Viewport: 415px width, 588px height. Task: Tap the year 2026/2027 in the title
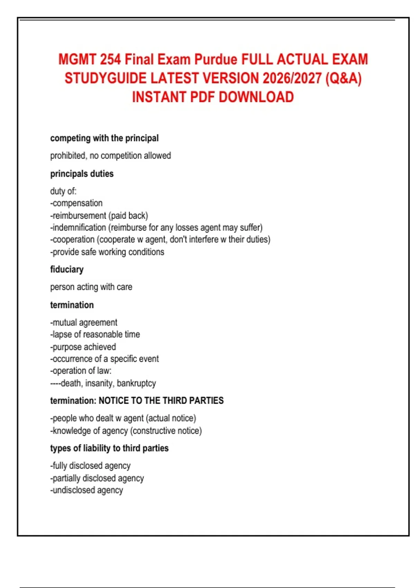[292, 79]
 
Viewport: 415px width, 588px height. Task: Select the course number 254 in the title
[111, 59]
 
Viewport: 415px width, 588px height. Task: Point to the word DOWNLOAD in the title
[256, 97]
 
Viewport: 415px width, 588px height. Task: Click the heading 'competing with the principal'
[104, 138]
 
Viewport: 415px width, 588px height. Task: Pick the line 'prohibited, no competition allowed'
[110, 156]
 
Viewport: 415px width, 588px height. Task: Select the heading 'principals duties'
[82, 174]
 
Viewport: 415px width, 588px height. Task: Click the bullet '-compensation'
[76, 203]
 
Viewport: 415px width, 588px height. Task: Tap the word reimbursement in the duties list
[79, 215]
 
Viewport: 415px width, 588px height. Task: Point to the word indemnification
[79, 228]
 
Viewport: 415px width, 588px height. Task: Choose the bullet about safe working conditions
[107, 252]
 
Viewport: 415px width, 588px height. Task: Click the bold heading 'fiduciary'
[67, 269]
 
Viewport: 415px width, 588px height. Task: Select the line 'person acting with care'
[91, 287]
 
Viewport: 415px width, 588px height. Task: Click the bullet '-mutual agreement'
[84, 322]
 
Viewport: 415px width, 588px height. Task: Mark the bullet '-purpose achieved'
[83, 347]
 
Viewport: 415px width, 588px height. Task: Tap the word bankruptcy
[136, 383]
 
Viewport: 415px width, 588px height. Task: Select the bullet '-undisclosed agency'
[86, 490]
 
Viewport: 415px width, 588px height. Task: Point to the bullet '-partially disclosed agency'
[97, 478]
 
